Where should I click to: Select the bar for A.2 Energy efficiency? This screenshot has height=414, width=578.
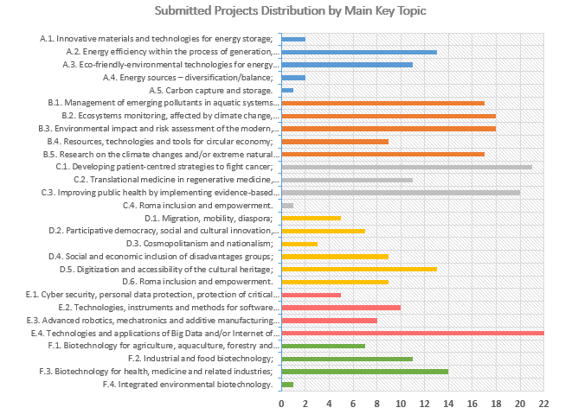(359, 52)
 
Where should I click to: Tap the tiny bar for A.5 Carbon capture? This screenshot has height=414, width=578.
(287, 90)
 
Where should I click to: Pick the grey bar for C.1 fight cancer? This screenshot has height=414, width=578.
(407, 167)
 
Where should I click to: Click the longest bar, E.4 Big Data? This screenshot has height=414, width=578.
(413, 333)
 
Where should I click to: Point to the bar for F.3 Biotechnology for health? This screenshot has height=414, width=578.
(364, 371)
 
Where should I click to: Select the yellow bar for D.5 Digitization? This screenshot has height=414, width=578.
(359, 269)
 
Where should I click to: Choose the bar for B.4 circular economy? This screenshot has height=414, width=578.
(335, 141)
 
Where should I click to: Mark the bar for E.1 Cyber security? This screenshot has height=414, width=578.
(311, 295)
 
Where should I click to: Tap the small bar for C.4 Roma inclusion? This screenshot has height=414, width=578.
(287, 205)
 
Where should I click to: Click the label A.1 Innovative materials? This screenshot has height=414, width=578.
(157, 39)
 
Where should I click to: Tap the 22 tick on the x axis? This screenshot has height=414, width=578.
(543, 403)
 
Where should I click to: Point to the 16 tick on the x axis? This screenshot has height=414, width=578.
(472, 403)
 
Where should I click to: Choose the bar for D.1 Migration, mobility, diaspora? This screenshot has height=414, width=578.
(311, 218)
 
